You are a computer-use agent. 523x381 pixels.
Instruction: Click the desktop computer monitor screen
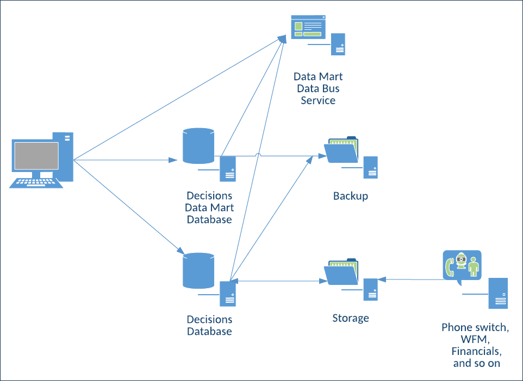click(36, 156)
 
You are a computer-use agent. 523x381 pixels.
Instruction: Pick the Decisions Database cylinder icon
click(198, 270)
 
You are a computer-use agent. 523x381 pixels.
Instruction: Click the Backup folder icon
click(341, 149)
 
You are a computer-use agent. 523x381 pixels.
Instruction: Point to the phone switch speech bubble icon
click(462, 266)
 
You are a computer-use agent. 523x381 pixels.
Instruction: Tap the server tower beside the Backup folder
click(371, 167)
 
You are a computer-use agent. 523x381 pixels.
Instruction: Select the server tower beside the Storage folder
click(371, 289)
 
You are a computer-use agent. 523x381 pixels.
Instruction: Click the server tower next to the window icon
click(338, 44)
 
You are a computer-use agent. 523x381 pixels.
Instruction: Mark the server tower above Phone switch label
click(498, 294)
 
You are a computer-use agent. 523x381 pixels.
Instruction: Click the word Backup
click(350, 196)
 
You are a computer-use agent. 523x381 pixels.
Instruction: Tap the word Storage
click(350, 318)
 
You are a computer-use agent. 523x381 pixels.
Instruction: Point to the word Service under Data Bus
click(318, 100)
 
